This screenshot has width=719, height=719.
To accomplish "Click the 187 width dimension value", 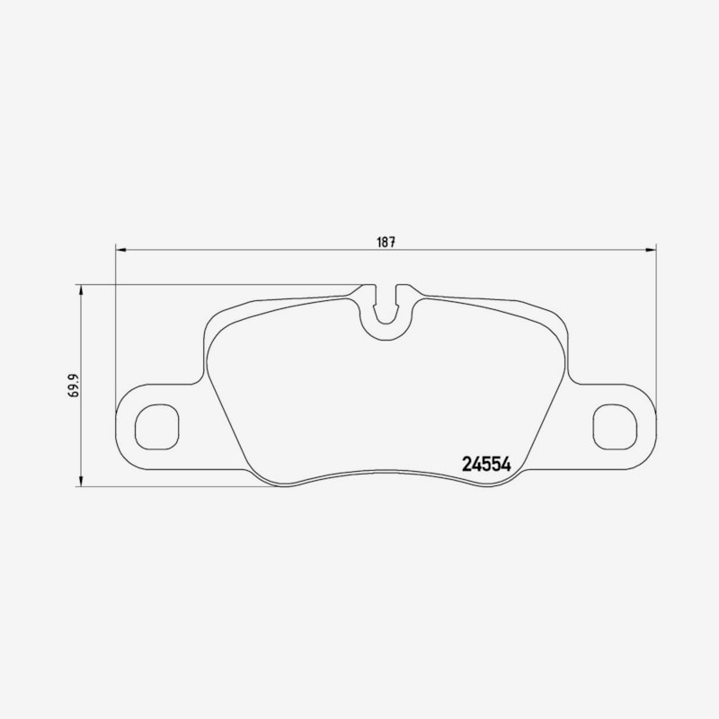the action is coord(386,242).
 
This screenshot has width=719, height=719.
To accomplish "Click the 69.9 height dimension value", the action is coord(75,386).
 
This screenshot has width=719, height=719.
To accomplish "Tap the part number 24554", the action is coord(486,465).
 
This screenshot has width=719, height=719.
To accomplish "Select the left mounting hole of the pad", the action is coord(156,427).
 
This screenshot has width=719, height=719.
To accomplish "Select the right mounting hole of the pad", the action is coord(615,427).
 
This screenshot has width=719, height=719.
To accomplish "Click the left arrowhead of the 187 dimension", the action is coord(120,250).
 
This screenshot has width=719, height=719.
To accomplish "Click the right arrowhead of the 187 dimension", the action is coord(651,250).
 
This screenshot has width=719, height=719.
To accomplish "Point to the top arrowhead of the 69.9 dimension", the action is coord(81,289).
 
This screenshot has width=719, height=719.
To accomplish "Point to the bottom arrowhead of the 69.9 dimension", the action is coord(81,481).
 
